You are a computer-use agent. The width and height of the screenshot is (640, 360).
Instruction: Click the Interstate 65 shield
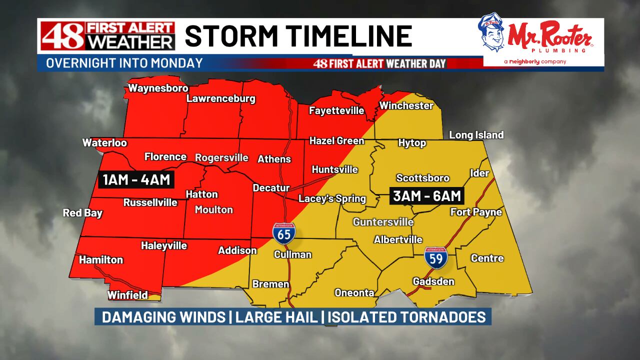click(283, 233)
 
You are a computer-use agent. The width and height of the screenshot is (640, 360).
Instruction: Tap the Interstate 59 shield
click(435, 257)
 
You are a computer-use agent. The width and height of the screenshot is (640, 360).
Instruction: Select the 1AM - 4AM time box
click(136, 179)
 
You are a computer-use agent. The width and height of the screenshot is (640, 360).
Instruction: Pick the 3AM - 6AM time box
click(426, 195)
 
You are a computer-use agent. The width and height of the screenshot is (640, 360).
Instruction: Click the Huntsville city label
click(334, 169)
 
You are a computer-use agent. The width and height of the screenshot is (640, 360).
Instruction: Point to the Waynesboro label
click(158, 88)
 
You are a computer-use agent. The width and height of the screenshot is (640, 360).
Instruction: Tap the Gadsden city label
click(433, 281)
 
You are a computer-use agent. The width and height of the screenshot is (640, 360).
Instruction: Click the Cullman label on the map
click(292, 254)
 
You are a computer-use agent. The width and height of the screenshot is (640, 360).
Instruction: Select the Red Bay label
click(82, 213)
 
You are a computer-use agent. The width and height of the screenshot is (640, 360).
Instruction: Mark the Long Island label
click(476, 135)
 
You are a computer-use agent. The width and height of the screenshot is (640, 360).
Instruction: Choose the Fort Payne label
click(475, 212)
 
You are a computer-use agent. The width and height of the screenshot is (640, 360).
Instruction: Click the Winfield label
click(127, 295)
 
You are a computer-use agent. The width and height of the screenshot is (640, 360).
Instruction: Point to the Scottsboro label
click(422, 178)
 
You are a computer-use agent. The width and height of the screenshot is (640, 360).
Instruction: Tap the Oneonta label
click(354, 293)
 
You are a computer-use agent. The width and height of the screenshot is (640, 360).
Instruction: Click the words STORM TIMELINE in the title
click(298, 36)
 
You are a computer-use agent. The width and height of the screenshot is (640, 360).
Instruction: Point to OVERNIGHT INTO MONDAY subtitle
click(124, 63)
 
